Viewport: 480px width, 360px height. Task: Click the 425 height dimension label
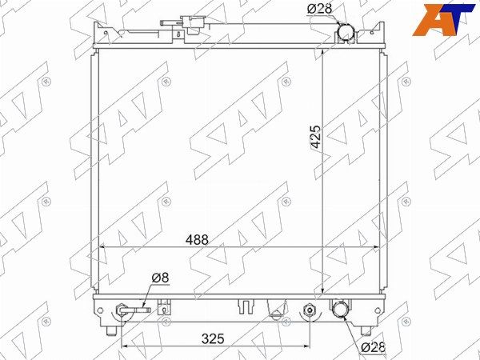tap(316, 137)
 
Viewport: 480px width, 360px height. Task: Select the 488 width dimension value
tap(197, 240)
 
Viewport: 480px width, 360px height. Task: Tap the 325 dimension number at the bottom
tap(213, 338)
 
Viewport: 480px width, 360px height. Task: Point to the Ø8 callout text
tap(160, 278)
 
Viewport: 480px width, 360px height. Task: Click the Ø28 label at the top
tap(319, 9)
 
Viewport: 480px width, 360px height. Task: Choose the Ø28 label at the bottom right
tap(373, 347)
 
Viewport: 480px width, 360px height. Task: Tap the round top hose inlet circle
tap(346, 32)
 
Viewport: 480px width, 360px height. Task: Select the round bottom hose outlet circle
tap(340, 309)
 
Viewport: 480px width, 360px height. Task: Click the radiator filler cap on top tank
tap(194, 24)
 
